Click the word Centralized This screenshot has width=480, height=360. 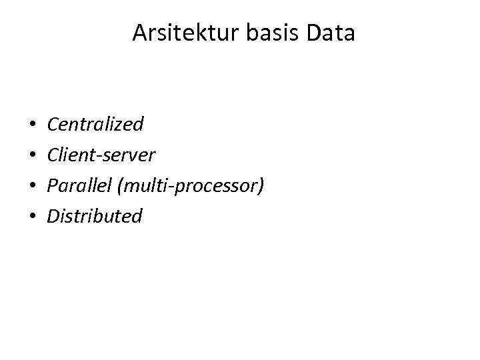95,124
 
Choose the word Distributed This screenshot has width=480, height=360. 95,216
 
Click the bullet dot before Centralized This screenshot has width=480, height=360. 32,125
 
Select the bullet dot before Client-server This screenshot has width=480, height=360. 32,155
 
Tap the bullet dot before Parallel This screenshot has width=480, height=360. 32,186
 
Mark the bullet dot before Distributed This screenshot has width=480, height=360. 32,217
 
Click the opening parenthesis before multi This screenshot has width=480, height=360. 119,186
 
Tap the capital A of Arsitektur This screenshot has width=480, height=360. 139,33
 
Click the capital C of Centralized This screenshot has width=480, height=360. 53,125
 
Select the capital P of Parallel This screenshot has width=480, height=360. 53,185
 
